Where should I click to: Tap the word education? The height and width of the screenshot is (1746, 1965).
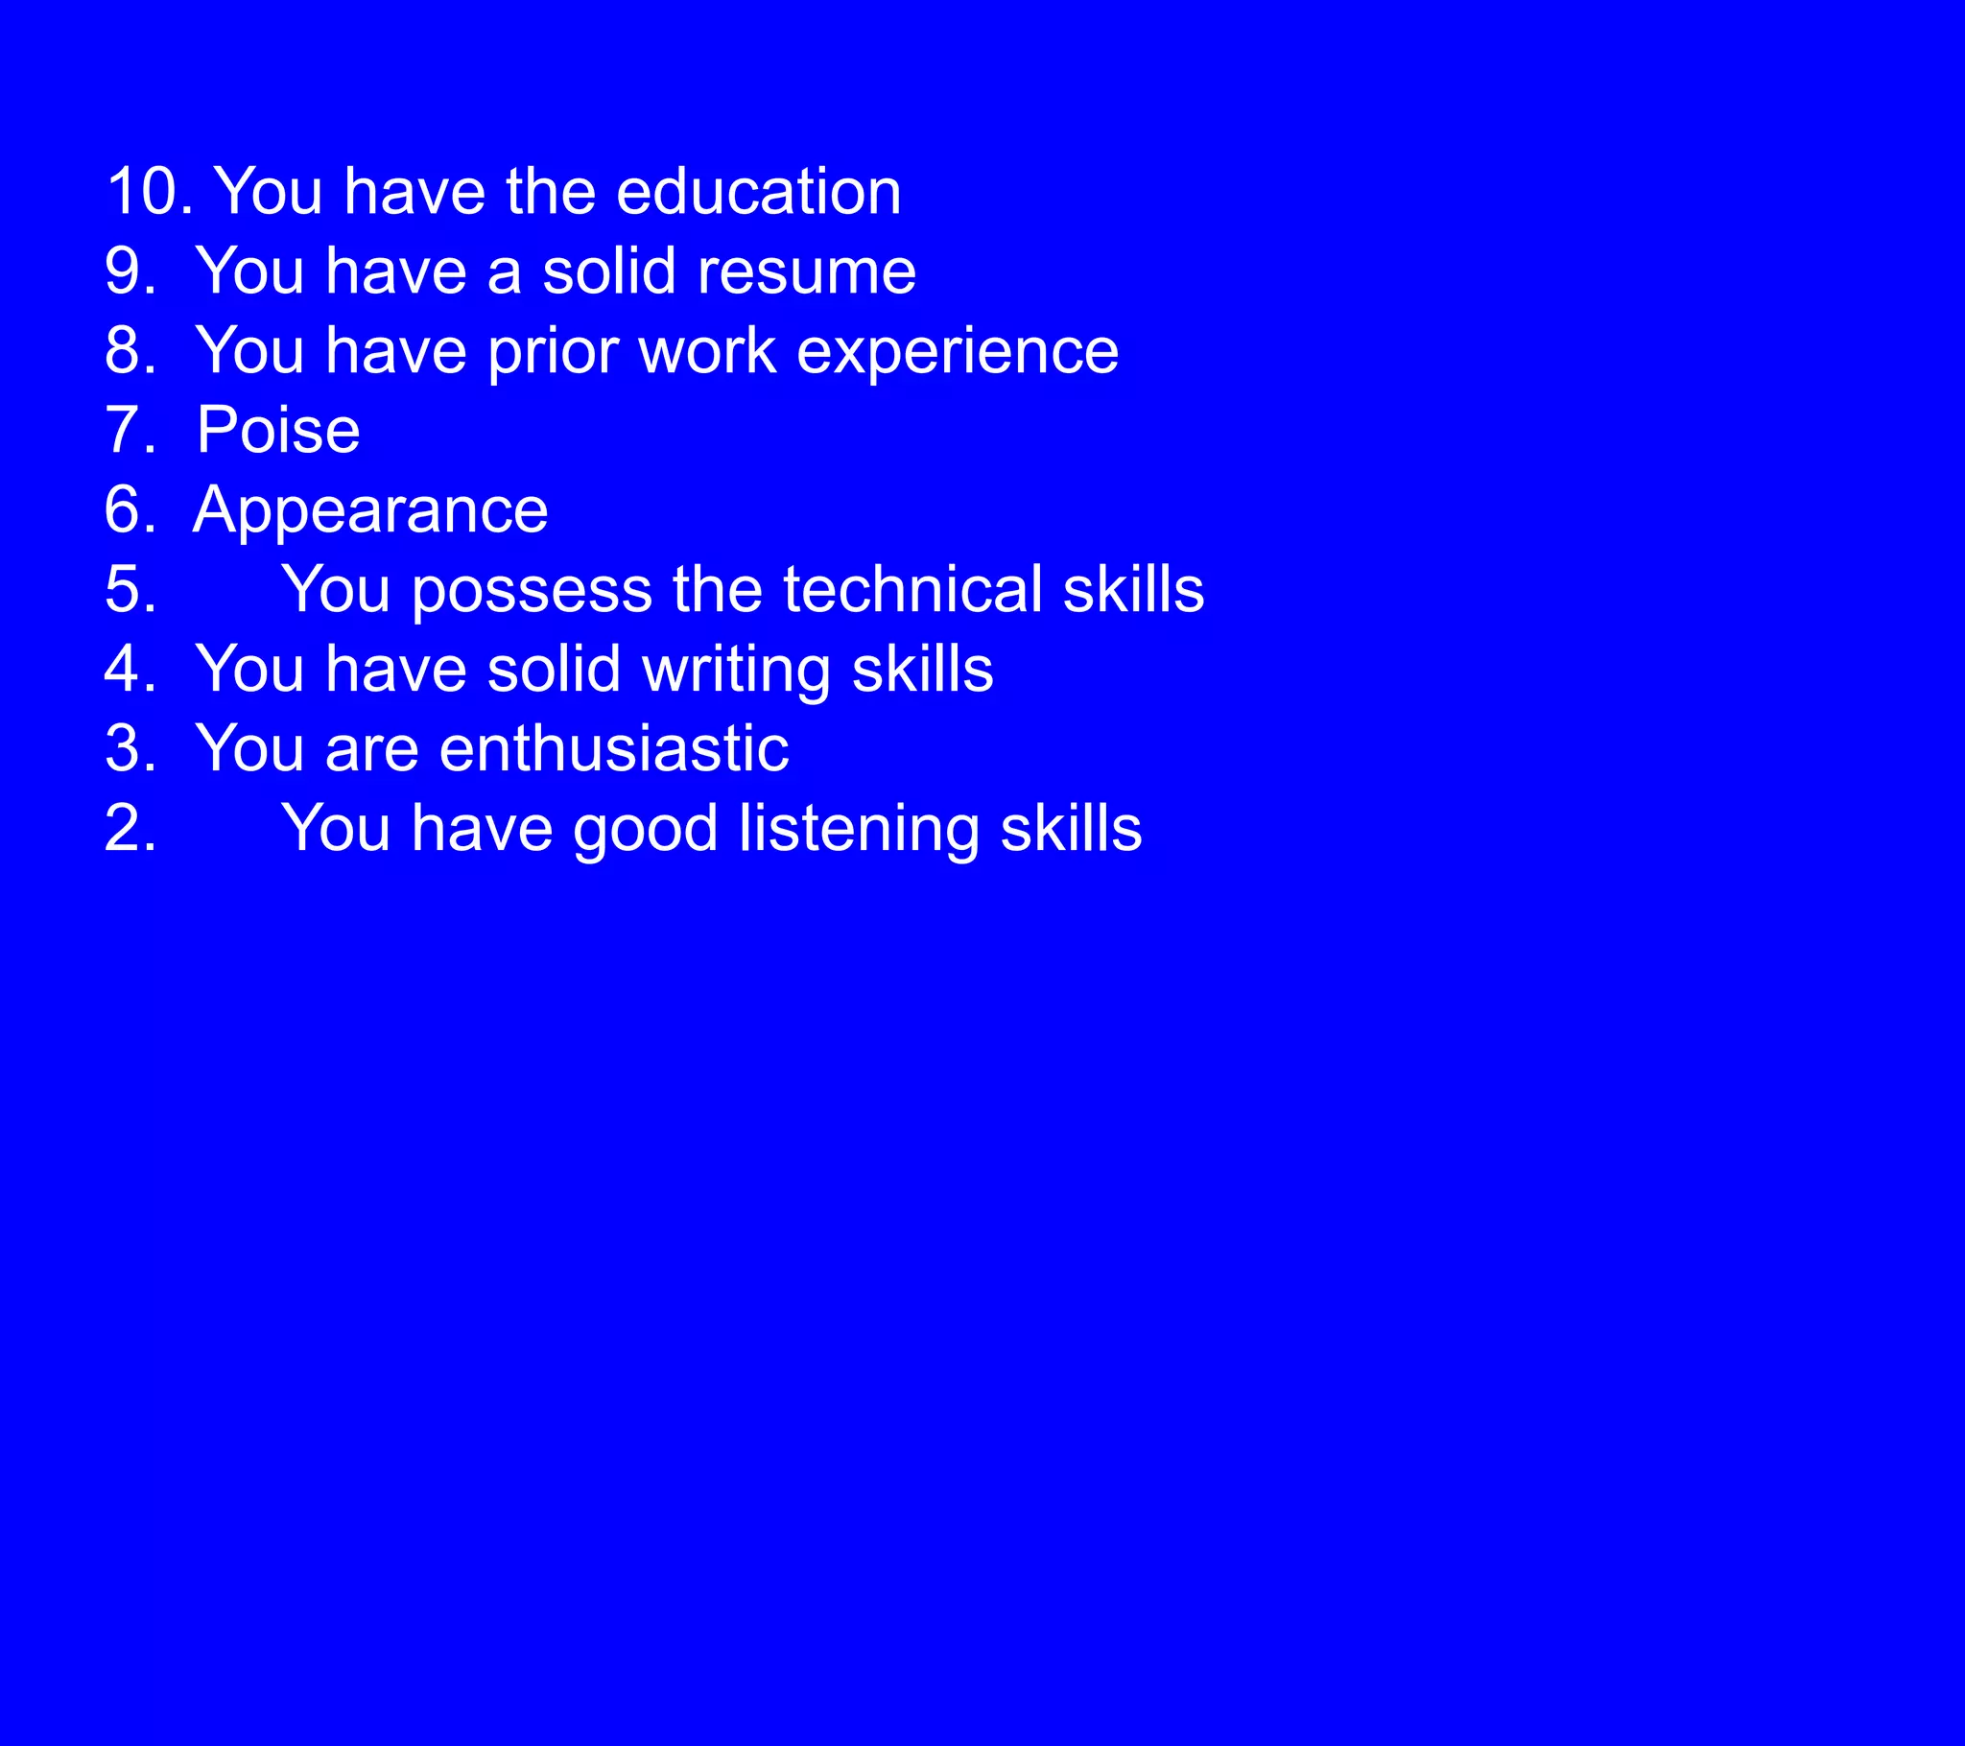pyautogui.click(x=758, y=191)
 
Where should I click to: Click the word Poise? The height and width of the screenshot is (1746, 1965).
pyautogui.click(x=278, y=430)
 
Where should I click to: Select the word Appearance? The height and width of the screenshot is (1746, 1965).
pyautogui.click(x=370, y=510)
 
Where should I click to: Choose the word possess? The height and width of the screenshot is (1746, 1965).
pyautogui.click(x=532, y=591)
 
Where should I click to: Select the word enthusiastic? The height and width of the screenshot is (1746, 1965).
pyautogui.click(x=613, y=749)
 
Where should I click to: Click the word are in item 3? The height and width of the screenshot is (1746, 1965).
pyautogui.click(x=371, y=751)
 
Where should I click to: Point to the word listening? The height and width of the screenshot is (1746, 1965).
pyautogui.click(x=859, y=830)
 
